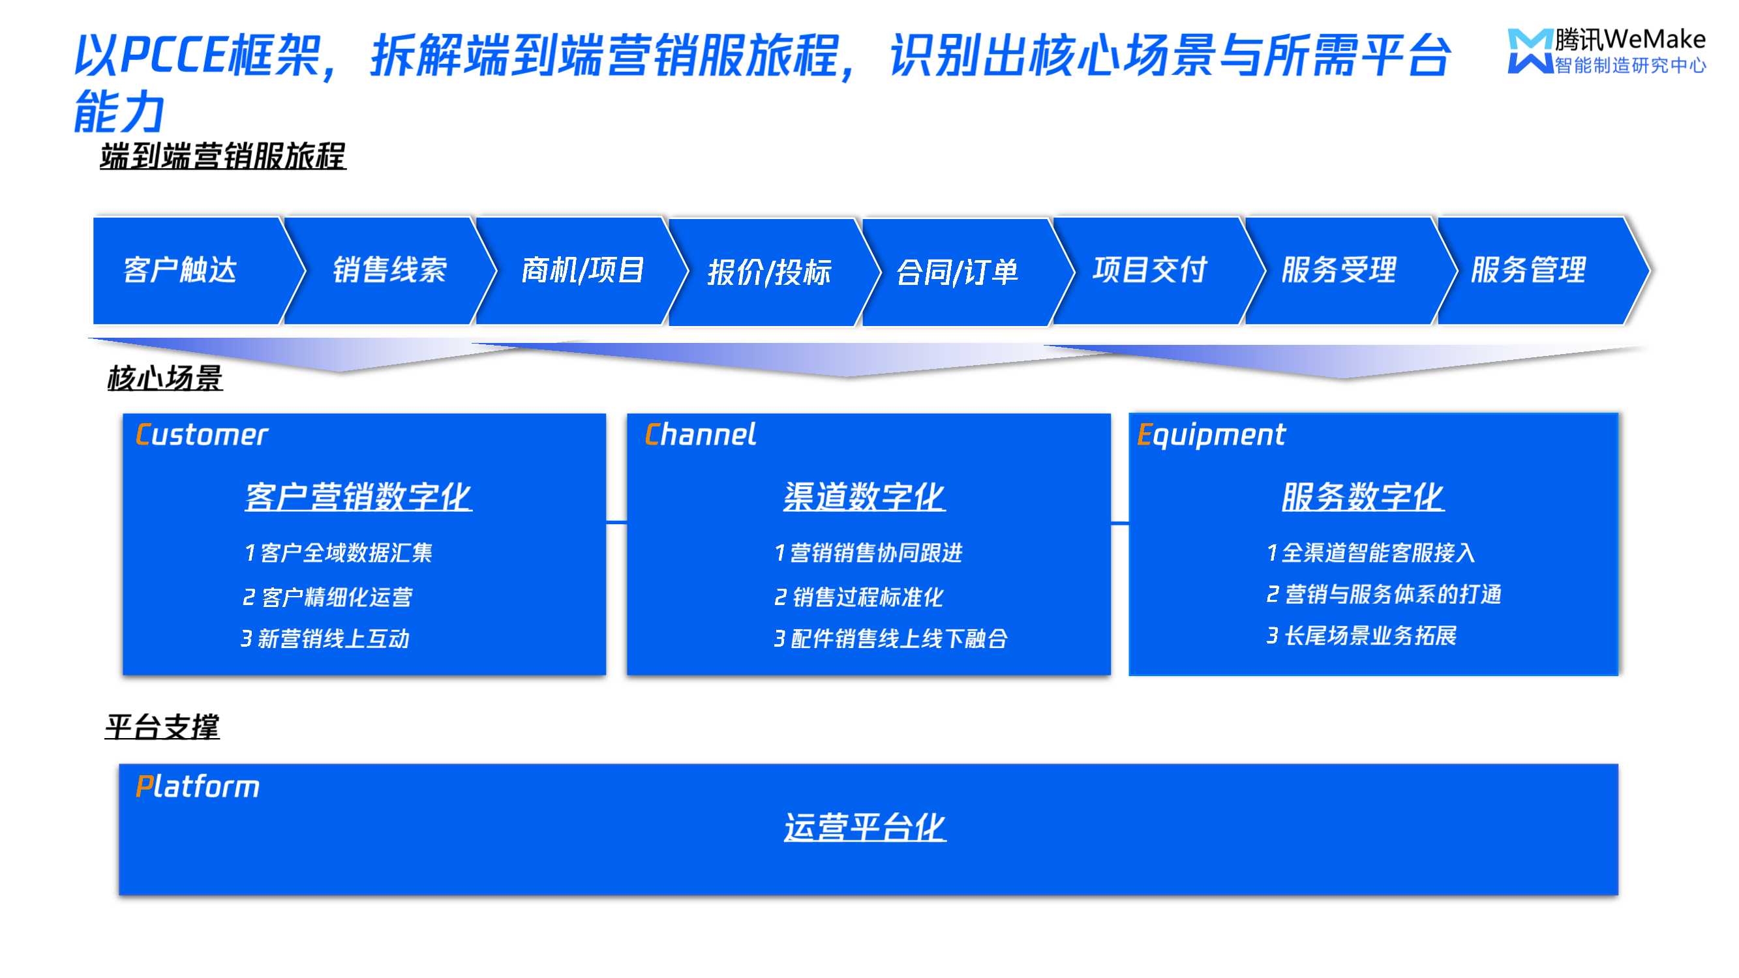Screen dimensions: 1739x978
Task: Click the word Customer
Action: click(202, 435)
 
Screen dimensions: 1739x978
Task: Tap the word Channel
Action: click(701, 434)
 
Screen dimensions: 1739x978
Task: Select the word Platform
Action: click(197, 787)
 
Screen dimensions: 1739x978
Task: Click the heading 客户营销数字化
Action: click(359, 497)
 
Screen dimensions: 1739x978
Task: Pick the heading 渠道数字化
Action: click(865, 497)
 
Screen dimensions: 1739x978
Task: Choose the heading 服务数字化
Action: click(1363, 497)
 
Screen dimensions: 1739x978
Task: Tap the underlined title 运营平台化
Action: click(865, 827)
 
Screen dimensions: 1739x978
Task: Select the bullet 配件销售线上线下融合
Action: click(891, 638)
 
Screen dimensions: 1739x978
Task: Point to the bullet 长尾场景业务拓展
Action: click(1361, 636)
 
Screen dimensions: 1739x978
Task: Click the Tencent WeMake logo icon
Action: click(1530, 50)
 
